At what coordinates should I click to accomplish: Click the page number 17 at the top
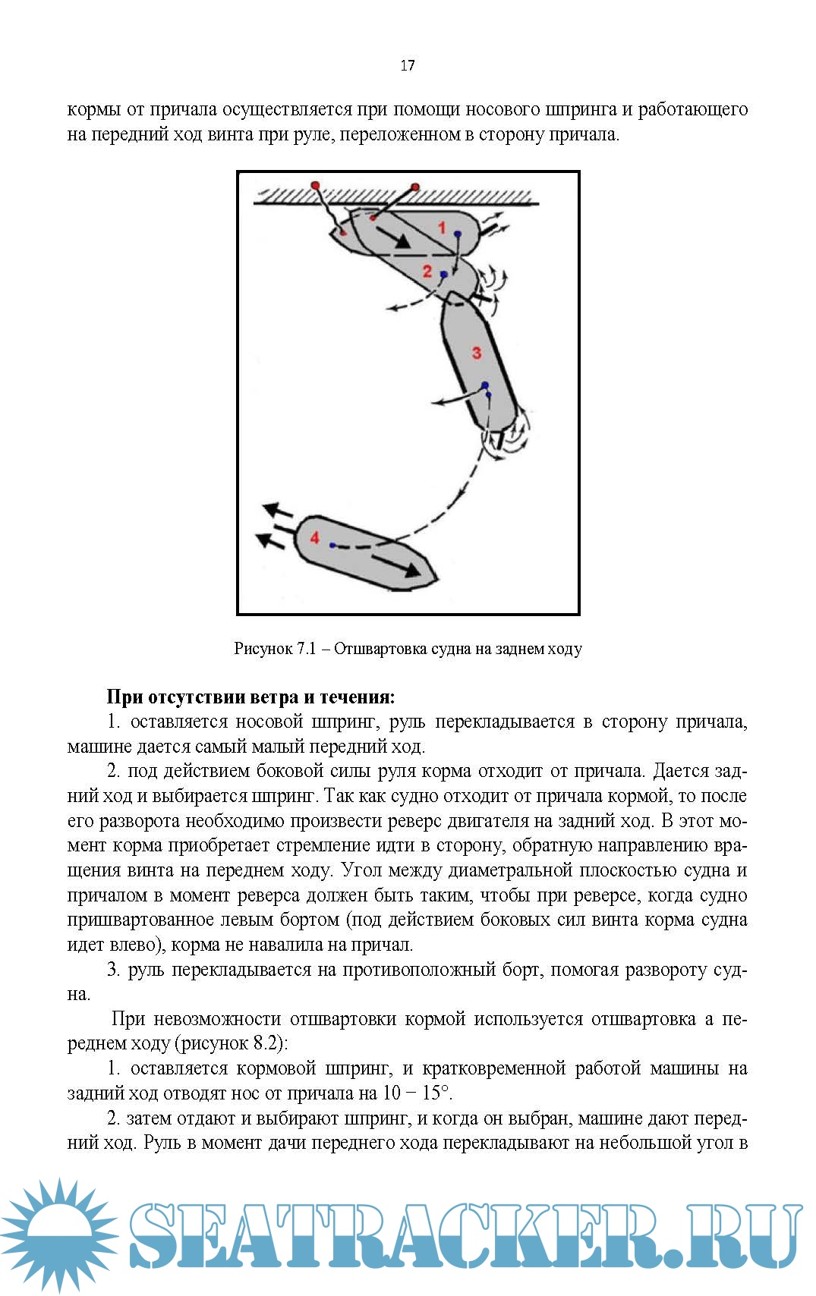click(x=408, y=66)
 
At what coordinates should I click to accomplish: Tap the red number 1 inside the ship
click(x=442, y=226)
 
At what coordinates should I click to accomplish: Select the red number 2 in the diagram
click(x=427, y=272)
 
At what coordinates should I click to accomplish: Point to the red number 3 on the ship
click(x=477, y=353)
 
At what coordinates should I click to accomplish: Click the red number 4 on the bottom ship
click(x=315, y=538)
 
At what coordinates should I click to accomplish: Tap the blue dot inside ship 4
click(x=332, y=545)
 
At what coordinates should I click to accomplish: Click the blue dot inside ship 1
click(x=458, y=234)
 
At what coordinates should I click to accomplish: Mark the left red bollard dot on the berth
click(x=316, y=185)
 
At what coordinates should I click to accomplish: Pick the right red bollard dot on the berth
click(x=415, y=186)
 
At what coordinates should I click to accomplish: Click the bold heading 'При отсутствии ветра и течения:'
click(x=250, y=697)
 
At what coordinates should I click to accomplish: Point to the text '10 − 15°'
click(x=416, y=1093)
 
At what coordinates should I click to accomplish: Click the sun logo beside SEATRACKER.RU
click(x=58, y=1234)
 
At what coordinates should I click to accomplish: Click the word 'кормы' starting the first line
click(x=93, y=110)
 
